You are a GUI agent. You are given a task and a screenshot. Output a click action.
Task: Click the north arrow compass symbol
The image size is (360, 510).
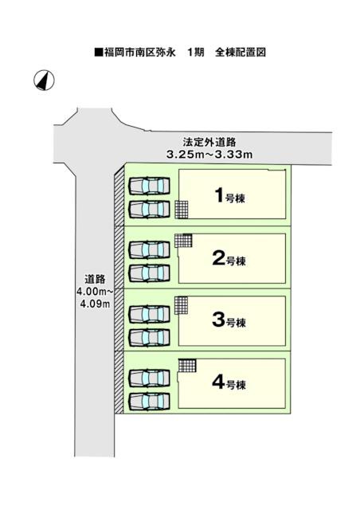(44, 80)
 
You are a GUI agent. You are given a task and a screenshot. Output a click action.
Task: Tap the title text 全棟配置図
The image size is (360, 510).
(241, 53)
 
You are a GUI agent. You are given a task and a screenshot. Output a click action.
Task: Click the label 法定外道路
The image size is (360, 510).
(209, 142)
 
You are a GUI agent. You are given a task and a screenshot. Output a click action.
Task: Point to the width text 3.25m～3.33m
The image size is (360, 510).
(209, 155)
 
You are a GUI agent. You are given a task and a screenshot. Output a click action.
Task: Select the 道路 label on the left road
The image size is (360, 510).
(95, 280)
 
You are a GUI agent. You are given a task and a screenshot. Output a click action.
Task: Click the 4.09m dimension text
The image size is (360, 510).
(95, 304)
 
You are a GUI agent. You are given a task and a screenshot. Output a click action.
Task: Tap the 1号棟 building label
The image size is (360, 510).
(230, 196)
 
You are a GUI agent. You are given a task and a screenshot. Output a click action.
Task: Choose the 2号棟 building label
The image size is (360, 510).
(229, 259)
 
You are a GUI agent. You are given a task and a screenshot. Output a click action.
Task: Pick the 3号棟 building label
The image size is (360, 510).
(229, 320)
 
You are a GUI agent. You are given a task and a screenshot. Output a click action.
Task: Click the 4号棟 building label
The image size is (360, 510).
(229, 382)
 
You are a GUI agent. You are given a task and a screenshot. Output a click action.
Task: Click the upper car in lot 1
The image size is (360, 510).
(149, 186)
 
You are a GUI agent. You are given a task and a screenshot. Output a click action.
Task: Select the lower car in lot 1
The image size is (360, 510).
(149, 209)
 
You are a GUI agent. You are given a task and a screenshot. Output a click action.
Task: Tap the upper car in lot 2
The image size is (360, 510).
(149, 249)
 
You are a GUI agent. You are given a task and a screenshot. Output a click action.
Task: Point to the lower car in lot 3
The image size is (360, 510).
(149, 338)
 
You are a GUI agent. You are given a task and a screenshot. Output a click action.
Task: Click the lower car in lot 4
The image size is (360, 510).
(149, 402)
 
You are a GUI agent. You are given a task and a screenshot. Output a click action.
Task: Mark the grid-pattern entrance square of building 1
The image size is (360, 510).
(182, 210)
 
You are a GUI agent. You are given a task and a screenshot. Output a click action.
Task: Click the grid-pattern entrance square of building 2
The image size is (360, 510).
(183, 241)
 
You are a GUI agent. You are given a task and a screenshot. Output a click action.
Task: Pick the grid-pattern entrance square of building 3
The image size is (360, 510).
(181, 305)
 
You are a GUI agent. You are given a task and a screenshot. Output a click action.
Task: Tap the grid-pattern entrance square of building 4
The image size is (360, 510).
(188, 366)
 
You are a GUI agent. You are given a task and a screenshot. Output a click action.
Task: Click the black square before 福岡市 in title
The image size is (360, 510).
(99, 53)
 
